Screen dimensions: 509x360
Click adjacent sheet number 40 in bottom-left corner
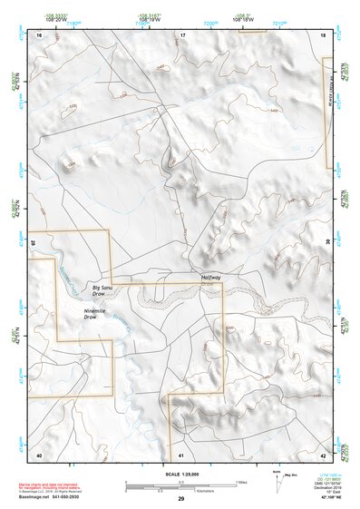coord(39,454)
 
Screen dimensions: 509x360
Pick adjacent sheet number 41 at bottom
coord(181,454)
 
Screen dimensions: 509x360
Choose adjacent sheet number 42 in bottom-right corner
coord(323,454)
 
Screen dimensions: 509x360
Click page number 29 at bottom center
coord(181,499)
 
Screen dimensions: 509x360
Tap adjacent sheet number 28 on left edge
coord(34,243)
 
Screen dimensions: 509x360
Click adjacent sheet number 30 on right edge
coord(327,243)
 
